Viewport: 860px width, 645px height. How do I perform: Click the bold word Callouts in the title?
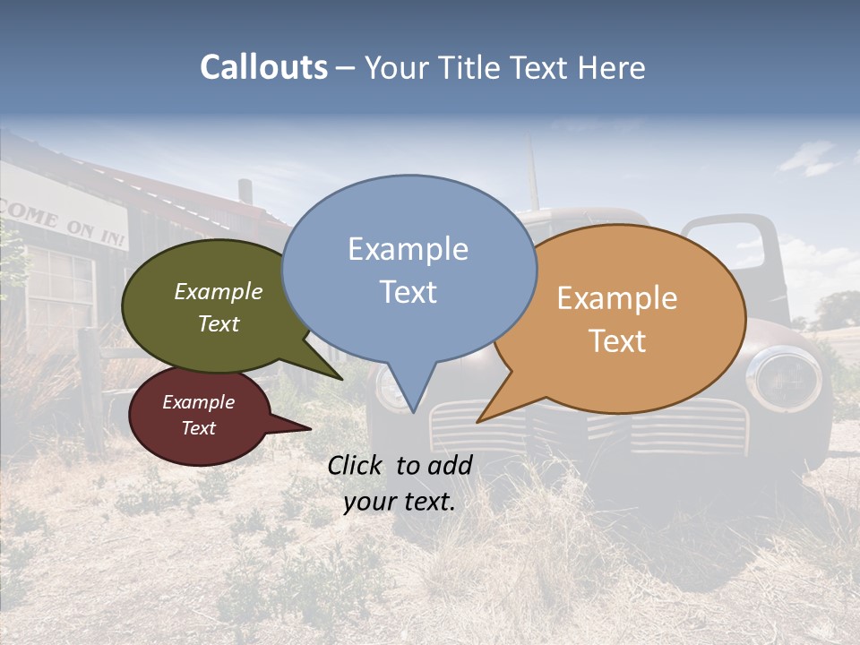263,67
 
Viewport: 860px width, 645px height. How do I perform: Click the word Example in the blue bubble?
408,249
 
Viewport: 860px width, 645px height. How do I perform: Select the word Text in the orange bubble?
617,340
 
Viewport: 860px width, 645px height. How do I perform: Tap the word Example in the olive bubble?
218,291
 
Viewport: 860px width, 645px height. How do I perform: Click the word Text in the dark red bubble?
198,428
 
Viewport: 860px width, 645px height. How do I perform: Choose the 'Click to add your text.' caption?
400,483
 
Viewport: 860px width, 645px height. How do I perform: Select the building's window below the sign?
59,287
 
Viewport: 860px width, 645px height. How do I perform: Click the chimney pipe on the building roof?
245,192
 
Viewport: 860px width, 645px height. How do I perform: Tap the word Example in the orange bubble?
617,298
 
